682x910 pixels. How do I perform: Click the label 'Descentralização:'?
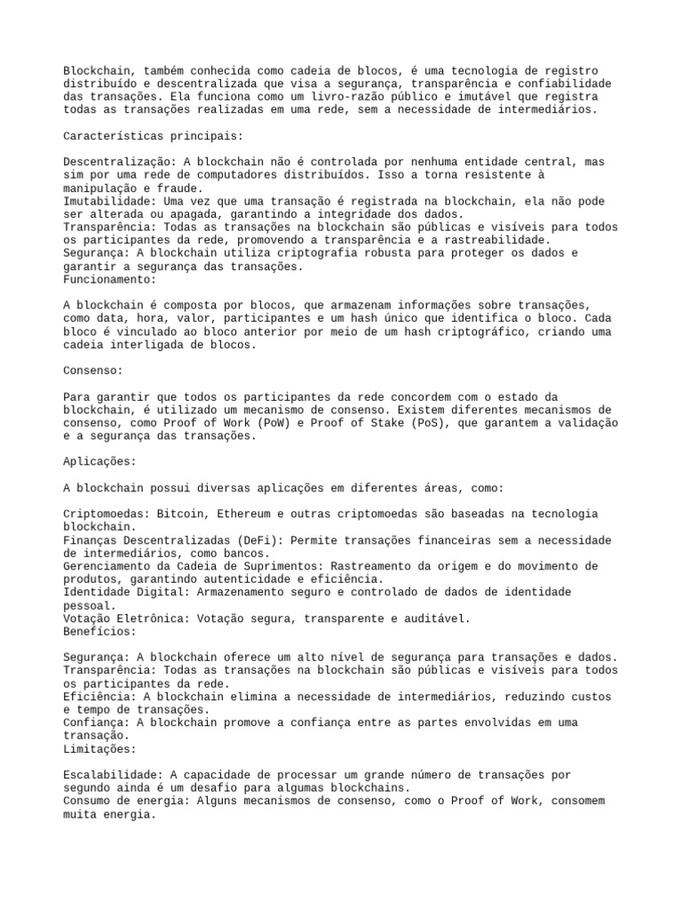tap(120, 162)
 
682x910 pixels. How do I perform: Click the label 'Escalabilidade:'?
tap(116, 775)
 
